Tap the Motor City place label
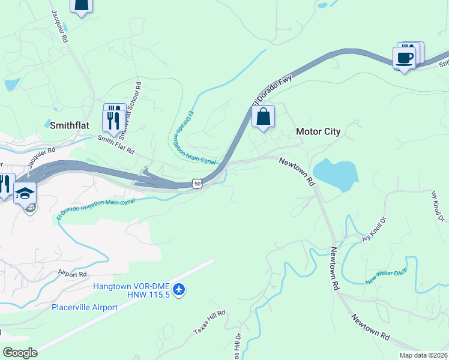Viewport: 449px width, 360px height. (x=318, y=132)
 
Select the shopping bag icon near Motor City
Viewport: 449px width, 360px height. (x=263, y=116)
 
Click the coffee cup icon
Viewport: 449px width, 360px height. (x=404, y=58)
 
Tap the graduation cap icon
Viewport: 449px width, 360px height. (x=25, y=194)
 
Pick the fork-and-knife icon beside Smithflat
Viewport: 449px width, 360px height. (x=113, y=121)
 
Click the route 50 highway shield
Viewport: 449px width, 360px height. (x=197, y=184)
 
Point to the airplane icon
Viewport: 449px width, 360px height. (x=179, y=290)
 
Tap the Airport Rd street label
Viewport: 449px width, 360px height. (x=73, y=274)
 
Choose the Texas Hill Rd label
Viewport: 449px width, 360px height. (x=209, y=322)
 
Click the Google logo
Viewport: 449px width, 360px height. (x=19, y=353)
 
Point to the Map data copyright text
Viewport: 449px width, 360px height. (x=424, y=355)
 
